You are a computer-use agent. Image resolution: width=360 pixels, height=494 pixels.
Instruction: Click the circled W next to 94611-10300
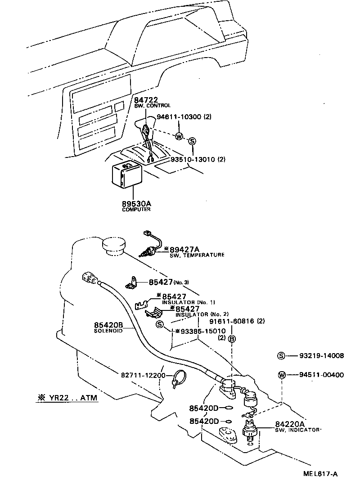[179, 136]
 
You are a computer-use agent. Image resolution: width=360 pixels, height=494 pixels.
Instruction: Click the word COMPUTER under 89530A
[136, 210]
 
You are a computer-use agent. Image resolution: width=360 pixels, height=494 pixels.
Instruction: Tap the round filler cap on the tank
[115, 246]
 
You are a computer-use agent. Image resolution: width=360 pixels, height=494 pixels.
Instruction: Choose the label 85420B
[108, 325]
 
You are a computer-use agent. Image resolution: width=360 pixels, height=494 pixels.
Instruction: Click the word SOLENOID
[108, 331]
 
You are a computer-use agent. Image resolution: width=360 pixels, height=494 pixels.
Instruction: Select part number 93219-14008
[321, 355]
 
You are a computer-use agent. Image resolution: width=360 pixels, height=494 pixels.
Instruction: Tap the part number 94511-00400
[321, 374]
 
